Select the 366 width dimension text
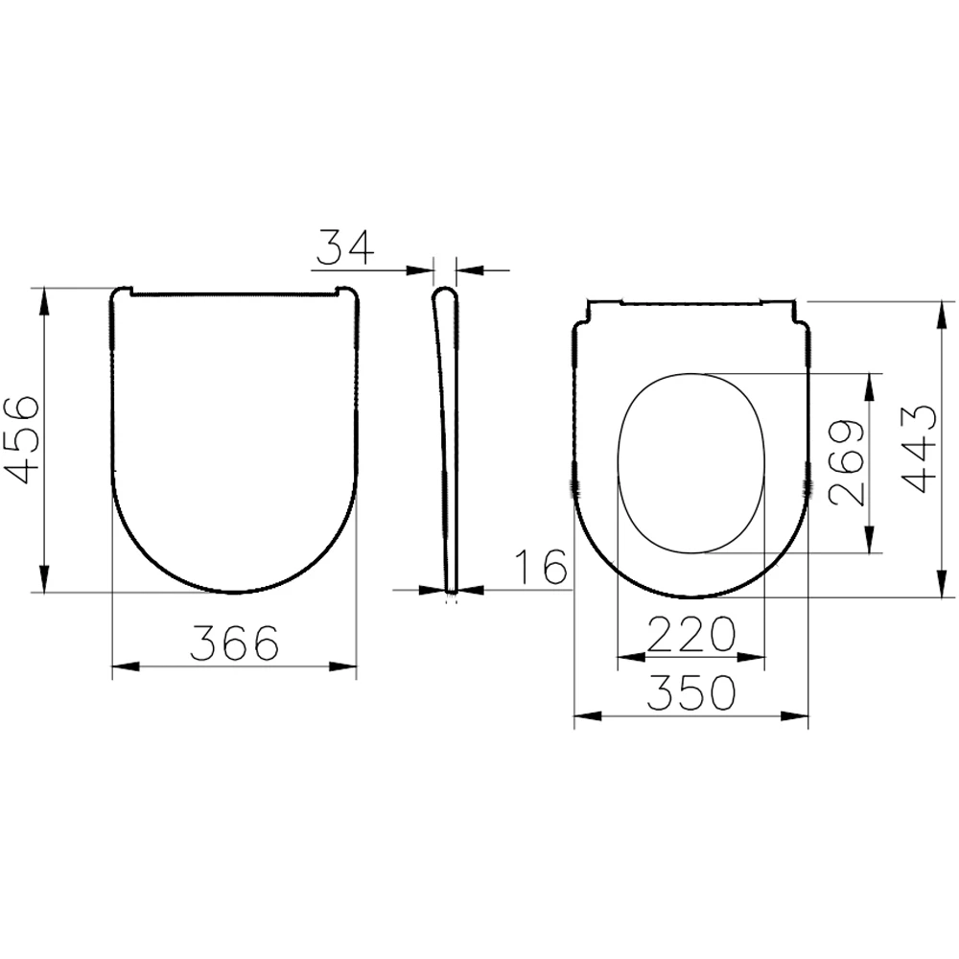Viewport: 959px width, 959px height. point(234,643)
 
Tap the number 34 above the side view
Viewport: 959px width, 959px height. point(344,248)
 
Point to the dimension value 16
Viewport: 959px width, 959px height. point(540,568)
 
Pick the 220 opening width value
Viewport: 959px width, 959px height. point(690,634)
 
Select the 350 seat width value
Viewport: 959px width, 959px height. point(690,692)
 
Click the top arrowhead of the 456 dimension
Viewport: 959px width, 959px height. point(44,297)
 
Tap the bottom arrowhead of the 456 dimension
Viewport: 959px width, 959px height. point(44,582)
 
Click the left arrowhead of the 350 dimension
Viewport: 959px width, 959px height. point(585,716)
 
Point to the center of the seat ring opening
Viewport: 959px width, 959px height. point(690,462)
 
